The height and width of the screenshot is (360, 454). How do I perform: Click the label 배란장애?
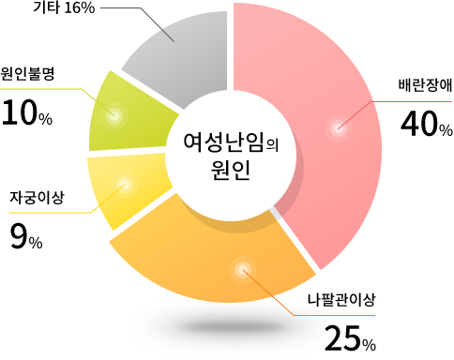[x=425, y=85]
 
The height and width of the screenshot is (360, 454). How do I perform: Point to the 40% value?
[x=427, y=124]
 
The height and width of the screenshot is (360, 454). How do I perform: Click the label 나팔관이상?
[x=340, y=300]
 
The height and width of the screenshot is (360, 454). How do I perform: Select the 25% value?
[x=350, y=338]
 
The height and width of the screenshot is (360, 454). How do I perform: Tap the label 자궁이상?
[x=37, y=198]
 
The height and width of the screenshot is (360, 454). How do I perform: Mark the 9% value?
[x=26, y=237]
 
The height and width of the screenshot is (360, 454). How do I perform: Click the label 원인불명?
[x=27, y=74]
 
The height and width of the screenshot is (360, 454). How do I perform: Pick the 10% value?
[x=27, y=112]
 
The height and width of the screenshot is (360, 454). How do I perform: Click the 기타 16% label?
[x=64, y=7]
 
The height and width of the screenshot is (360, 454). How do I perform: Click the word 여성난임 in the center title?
[x=223, y=142]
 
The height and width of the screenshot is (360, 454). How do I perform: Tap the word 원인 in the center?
[x=231, y=170]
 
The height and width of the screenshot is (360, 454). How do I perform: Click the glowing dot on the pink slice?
[x=339, y=128]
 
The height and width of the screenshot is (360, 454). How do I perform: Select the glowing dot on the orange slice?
[x=243, y=270]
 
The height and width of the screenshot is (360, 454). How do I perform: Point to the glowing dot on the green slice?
[x=114, y=116]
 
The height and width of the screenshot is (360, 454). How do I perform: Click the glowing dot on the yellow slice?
[x=125, y=185]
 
